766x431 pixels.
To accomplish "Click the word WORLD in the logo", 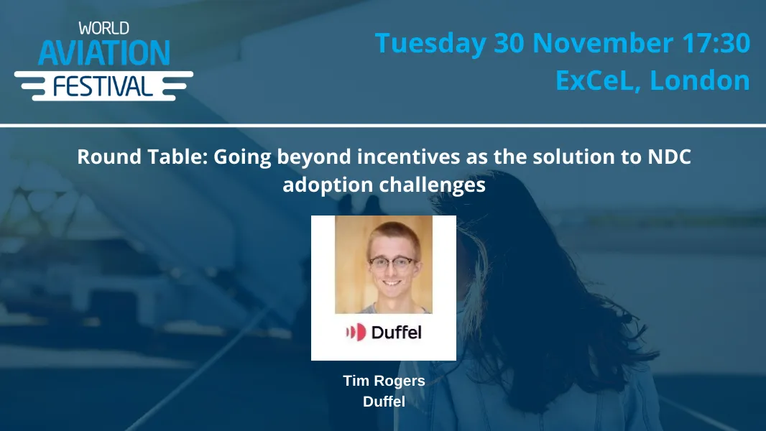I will point(104,29).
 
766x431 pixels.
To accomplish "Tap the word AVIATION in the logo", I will point(104,52).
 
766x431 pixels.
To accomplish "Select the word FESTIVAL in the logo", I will point(103,85).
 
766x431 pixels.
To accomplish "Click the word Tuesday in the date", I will point(430,44).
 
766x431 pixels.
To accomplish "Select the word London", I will point(700,80).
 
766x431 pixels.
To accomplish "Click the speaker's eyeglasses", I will point(393,263).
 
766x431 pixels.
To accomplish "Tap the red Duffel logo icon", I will point(355,332).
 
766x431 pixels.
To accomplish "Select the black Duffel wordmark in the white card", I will point(396,332).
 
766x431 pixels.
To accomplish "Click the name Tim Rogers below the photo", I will point(384,381).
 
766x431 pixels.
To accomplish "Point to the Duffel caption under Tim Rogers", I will point(384,402).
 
